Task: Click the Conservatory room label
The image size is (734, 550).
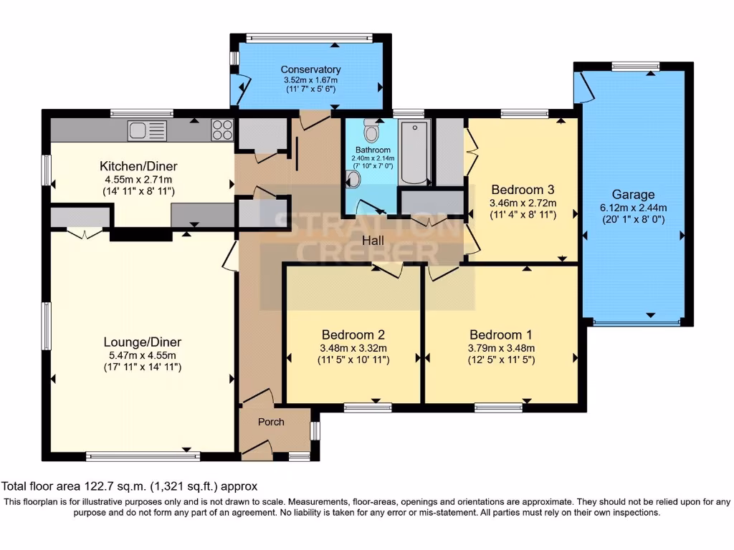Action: point(310,69)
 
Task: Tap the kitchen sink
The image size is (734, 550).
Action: point(147,130)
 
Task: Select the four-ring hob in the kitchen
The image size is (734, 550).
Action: point(222,130)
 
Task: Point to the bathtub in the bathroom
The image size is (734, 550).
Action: point(414,152)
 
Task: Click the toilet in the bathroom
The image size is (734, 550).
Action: point(371,130)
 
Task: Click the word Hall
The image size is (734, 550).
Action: point(376,240)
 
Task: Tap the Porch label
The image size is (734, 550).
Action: point(271,422)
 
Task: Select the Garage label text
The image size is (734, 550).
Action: point(633,194)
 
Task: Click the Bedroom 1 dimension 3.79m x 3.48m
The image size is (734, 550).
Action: point(500,348)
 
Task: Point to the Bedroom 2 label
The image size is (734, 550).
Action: point(353,334)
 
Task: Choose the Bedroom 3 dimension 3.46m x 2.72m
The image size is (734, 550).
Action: point(523,203)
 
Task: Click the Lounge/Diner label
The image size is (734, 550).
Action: point(142,342)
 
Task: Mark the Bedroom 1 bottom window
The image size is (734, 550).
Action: point(498,407)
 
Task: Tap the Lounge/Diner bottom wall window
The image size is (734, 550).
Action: point(133,455)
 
